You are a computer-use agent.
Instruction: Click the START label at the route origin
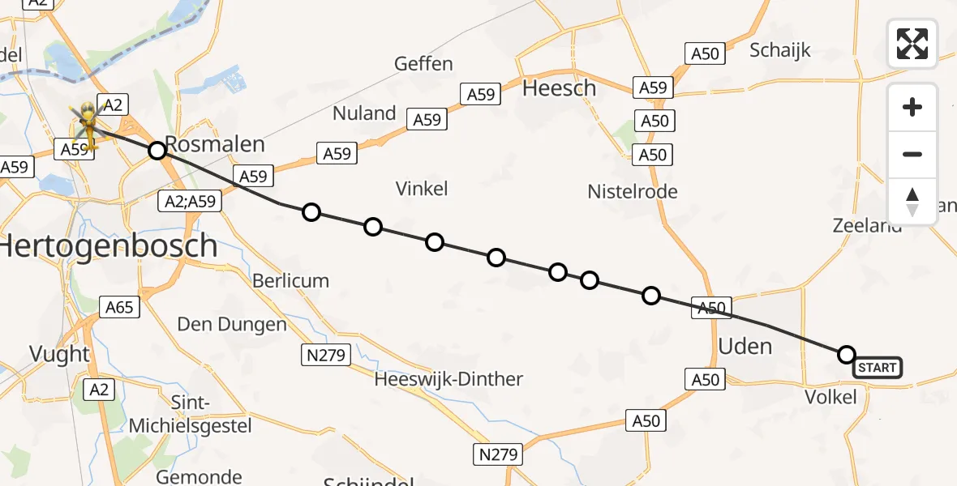tap(877, 368)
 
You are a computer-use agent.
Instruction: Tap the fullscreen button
tap(912, 44)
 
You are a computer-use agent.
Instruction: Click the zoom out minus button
tap(912, 154)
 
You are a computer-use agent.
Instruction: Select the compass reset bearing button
tap(912, 202)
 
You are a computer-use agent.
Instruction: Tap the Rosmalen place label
tap(215, 144)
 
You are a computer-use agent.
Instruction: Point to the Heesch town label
tap(560, 87)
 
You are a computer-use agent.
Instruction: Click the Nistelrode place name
tap(633, 191)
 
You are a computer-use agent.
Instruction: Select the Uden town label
tap(745, 346)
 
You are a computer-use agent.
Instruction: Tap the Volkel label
tap(832, 397)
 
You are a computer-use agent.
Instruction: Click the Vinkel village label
tap(422, 189)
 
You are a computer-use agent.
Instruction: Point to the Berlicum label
tap(290, 281)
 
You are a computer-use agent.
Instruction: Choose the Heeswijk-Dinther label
tap(448, 378)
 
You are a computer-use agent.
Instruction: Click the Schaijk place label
tap(780, 50)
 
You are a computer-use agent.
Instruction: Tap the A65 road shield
tap(119, 307)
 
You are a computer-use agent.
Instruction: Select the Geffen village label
tap(423, 63)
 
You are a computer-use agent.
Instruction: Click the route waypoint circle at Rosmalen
tap(157, 150)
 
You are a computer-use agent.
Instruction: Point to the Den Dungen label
tap(232, 325)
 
